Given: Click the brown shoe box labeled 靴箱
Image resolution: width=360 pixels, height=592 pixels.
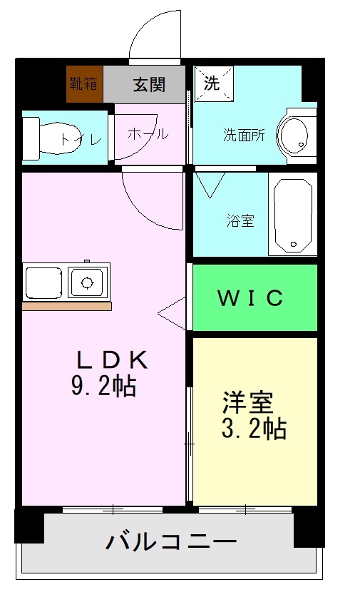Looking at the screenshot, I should tap(83, 83).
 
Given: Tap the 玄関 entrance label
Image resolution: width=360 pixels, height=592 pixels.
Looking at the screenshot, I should tap(150, 84).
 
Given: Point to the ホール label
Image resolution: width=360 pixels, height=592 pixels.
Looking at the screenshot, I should tap(148, 134).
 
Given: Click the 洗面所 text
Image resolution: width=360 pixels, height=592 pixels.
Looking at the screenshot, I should tap(244, 135).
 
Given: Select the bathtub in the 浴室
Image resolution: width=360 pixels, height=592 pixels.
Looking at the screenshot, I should tap(292, 214).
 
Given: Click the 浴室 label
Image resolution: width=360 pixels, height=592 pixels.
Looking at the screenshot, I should tap(241, 220).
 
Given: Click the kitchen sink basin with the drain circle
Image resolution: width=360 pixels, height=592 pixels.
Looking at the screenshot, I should tap(88, 282).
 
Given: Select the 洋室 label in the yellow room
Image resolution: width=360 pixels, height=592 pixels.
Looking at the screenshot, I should tap(247, 404).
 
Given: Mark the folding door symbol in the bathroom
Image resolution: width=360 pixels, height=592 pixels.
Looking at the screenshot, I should tap(210, 184).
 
